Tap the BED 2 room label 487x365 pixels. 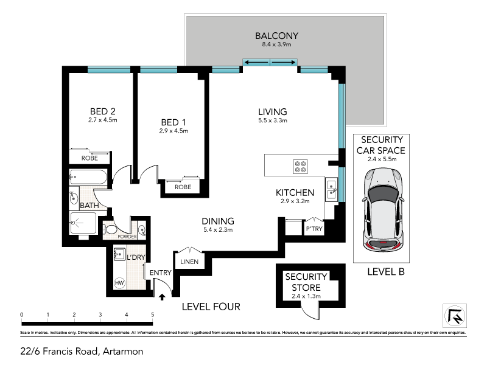103,111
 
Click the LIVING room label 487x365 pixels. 272,112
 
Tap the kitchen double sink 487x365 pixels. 331,190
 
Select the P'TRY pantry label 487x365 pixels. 314,228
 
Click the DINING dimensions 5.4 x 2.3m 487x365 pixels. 218,230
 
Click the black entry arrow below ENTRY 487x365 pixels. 163,297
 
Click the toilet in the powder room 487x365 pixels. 110,230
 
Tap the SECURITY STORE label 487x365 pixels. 306,281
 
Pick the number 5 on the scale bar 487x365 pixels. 153,315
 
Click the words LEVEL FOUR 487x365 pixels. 211,307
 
